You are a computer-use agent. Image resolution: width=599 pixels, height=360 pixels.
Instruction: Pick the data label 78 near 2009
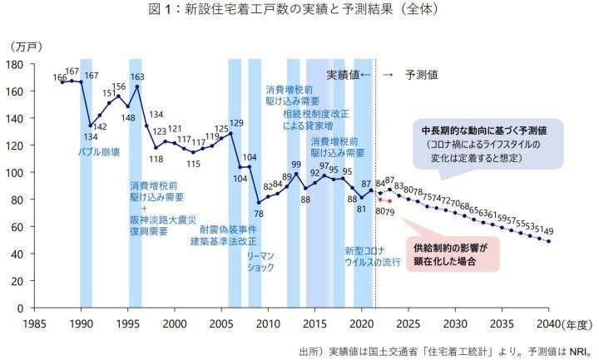[x=258, y=214]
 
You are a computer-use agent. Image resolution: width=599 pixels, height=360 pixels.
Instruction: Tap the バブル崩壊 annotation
[x=98, y=153]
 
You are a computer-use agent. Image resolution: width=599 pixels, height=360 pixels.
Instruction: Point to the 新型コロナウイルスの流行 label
[x=372, y=256]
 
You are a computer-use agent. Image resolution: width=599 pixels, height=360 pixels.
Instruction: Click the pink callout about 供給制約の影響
[x=450, y=253]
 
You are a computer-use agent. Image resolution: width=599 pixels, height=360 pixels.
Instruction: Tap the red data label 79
[x=389, y=211]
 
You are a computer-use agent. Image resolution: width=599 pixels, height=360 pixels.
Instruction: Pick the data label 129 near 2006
[x=236, y=124]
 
